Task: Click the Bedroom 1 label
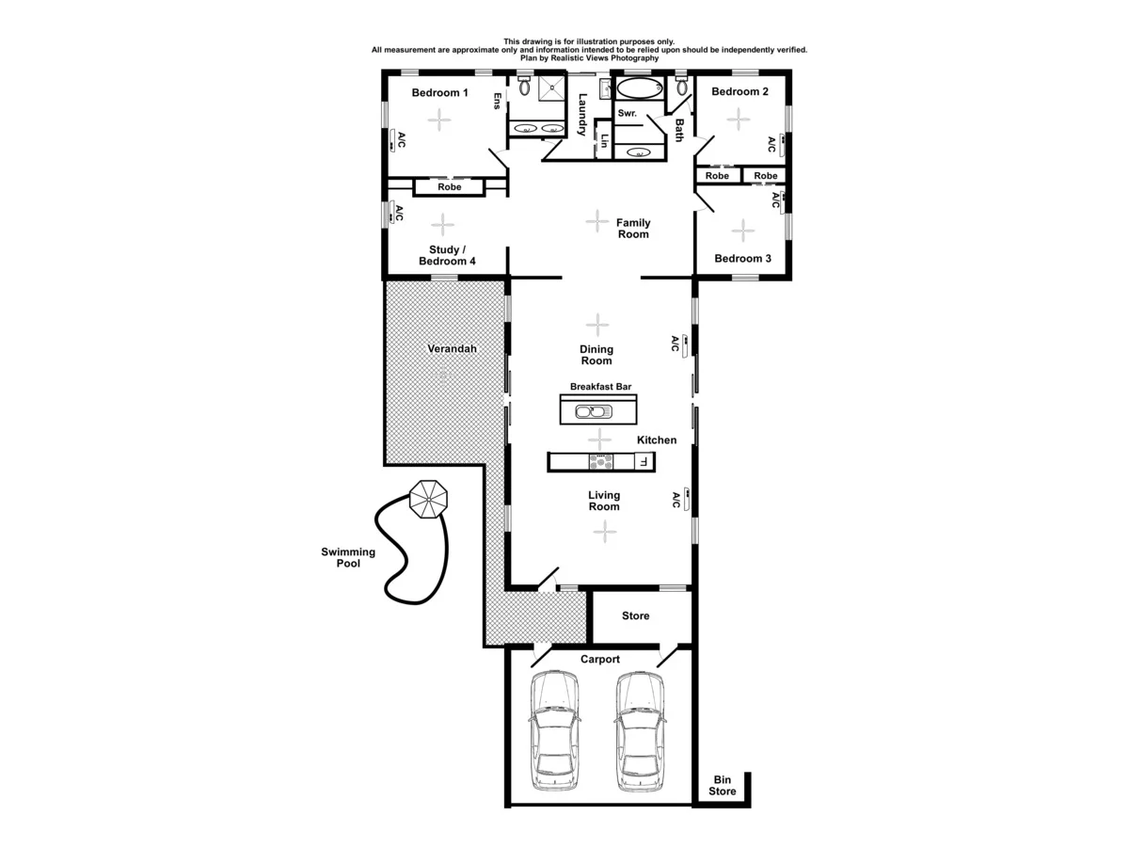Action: [440, 92]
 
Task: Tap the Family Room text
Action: [633, 229]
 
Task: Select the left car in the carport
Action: [554, 731]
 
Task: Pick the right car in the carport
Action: [640, 731]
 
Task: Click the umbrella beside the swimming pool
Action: [429, 499]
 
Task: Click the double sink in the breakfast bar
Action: [594, 410]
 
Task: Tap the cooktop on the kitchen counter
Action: [599, 461]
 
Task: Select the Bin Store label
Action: [723, 786]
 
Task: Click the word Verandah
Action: [452, 348]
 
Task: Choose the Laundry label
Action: [583, 114]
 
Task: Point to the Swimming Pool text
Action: [348, 558]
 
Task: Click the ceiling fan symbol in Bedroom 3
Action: [743, 230]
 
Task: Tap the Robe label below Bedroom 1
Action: [450, 187]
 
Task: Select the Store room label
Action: [636, 616]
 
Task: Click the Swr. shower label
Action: [628, 114]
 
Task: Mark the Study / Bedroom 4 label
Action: [446, 255]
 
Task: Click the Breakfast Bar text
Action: [600, 386]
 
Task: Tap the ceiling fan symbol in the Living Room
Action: [604, 532]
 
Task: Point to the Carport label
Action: [599, 660]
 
